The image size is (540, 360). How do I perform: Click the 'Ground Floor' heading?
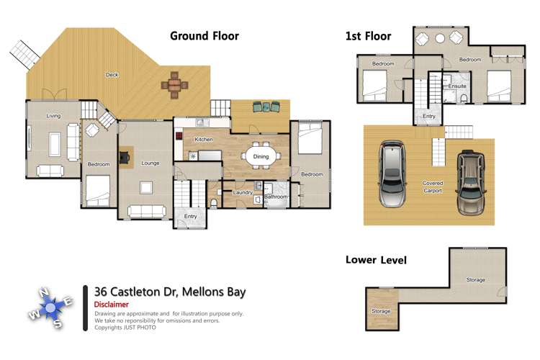tap(204, 35)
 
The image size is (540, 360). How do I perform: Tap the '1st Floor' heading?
tap(368, 36)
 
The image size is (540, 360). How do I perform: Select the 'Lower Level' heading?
tap(376, 260)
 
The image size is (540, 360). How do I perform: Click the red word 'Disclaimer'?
tap(112, 305)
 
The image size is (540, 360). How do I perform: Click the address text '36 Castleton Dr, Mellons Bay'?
tap(170, 292)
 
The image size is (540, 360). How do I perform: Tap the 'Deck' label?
tap(112, 75)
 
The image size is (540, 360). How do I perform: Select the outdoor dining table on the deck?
tap(174, 84)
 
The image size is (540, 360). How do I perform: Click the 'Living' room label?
tap(53, 116)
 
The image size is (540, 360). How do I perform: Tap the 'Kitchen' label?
tap(203, 139)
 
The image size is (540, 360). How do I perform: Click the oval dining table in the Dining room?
tap(260, 156)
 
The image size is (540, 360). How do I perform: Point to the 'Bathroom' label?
tap(275, 197)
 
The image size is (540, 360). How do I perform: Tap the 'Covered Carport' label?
tap(432, 187)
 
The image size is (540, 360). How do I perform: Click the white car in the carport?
tap(393, 173)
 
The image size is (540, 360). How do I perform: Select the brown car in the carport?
tap(471, 181)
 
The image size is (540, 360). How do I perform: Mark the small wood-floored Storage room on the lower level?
tap(381, 311)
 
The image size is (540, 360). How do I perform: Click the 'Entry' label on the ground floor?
tap(191, 216)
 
